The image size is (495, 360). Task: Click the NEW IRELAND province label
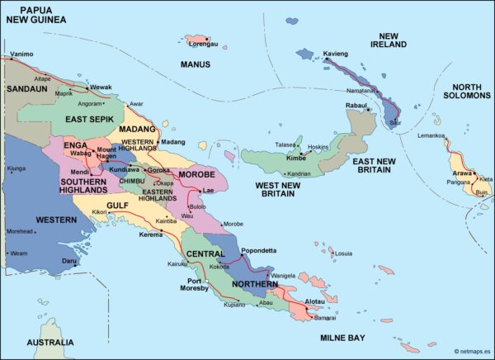coord(389,40)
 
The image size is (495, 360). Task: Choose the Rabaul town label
coord(356,106)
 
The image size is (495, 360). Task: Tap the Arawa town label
coord(461,173)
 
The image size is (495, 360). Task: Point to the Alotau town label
coord(315,302)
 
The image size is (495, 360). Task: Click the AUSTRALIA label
coord(50,342)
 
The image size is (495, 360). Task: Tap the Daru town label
coord(70,260)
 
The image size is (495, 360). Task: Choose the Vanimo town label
coord(22,54)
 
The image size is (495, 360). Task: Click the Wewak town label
coord(101,87)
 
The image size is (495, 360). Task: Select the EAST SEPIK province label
coord(90,121)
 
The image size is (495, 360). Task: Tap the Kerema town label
coord(151,234)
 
